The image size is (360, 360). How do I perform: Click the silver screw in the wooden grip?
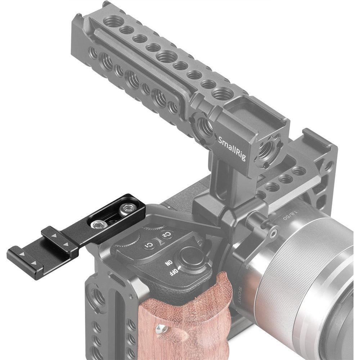click(x=159, y=328)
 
